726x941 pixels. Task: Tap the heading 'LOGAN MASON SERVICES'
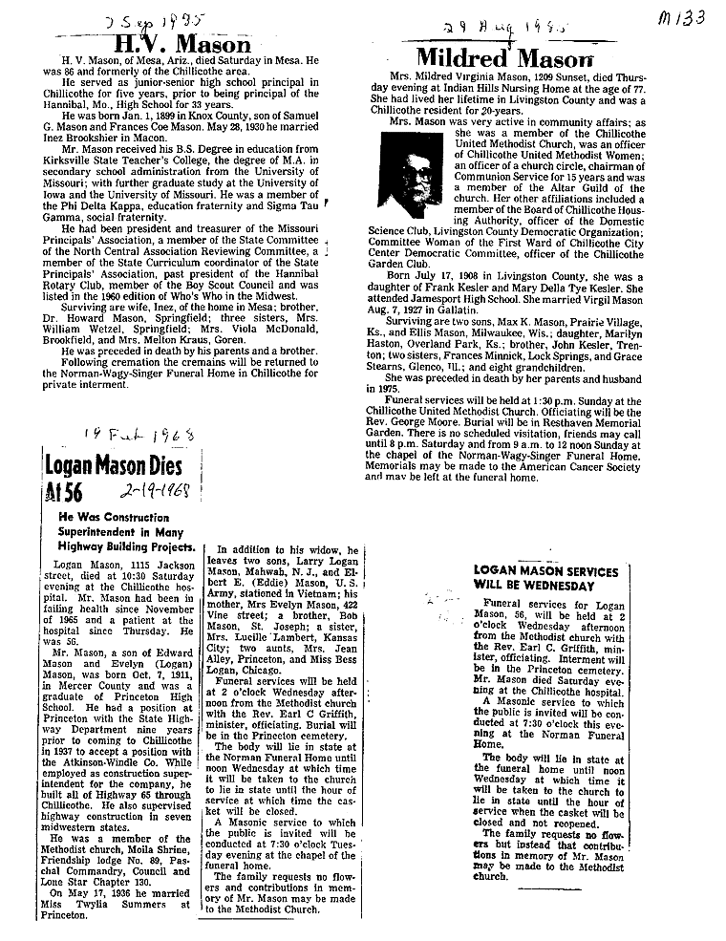tap(546, 571)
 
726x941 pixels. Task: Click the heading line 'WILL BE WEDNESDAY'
tap(534, 585)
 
